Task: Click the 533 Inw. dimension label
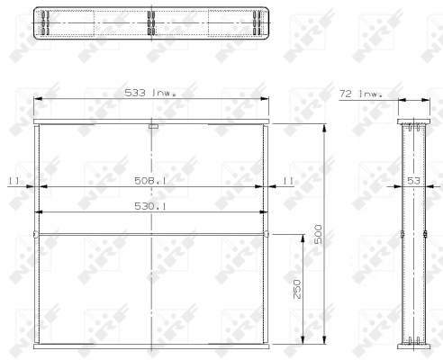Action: (150, 93)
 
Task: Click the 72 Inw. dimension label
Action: (361, 94)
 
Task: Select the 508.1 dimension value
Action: (150, 181)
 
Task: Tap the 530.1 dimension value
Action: (150, 206)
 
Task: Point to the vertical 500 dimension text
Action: (318, 234)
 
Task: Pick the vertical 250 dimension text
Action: (297, 289)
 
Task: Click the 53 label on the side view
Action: (413, 181)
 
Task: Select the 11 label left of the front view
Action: (14, 181)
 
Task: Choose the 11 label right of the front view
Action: (288, 181)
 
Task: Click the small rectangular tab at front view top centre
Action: (153, 127)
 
